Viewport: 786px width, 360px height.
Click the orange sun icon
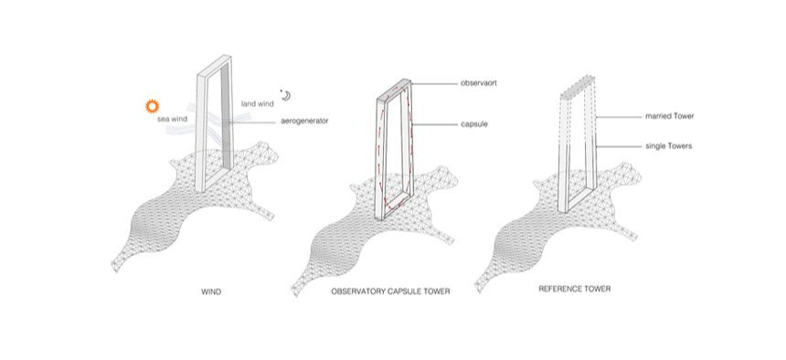click(152, 106)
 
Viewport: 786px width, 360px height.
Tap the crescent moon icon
click(286, 95)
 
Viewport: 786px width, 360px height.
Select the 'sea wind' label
click(172, 119)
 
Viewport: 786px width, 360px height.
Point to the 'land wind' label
click(257, 104)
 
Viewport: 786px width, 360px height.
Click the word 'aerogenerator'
click(304, 121)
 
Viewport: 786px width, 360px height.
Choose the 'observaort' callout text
click(479, 83)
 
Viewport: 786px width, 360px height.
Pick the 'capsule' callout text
click(474, 123)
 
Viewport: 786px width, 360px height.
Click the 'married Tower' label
click(670, 116)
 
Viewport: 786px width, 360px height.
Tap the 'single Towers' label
click(669, 146)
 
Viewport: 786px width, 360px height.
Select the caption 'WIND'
click(210, 291)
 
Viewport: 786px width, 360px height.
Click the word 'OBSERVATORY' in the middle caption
click(358, 291)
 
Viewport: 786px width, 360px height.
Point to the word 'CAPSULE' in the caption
click(407, 291)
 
